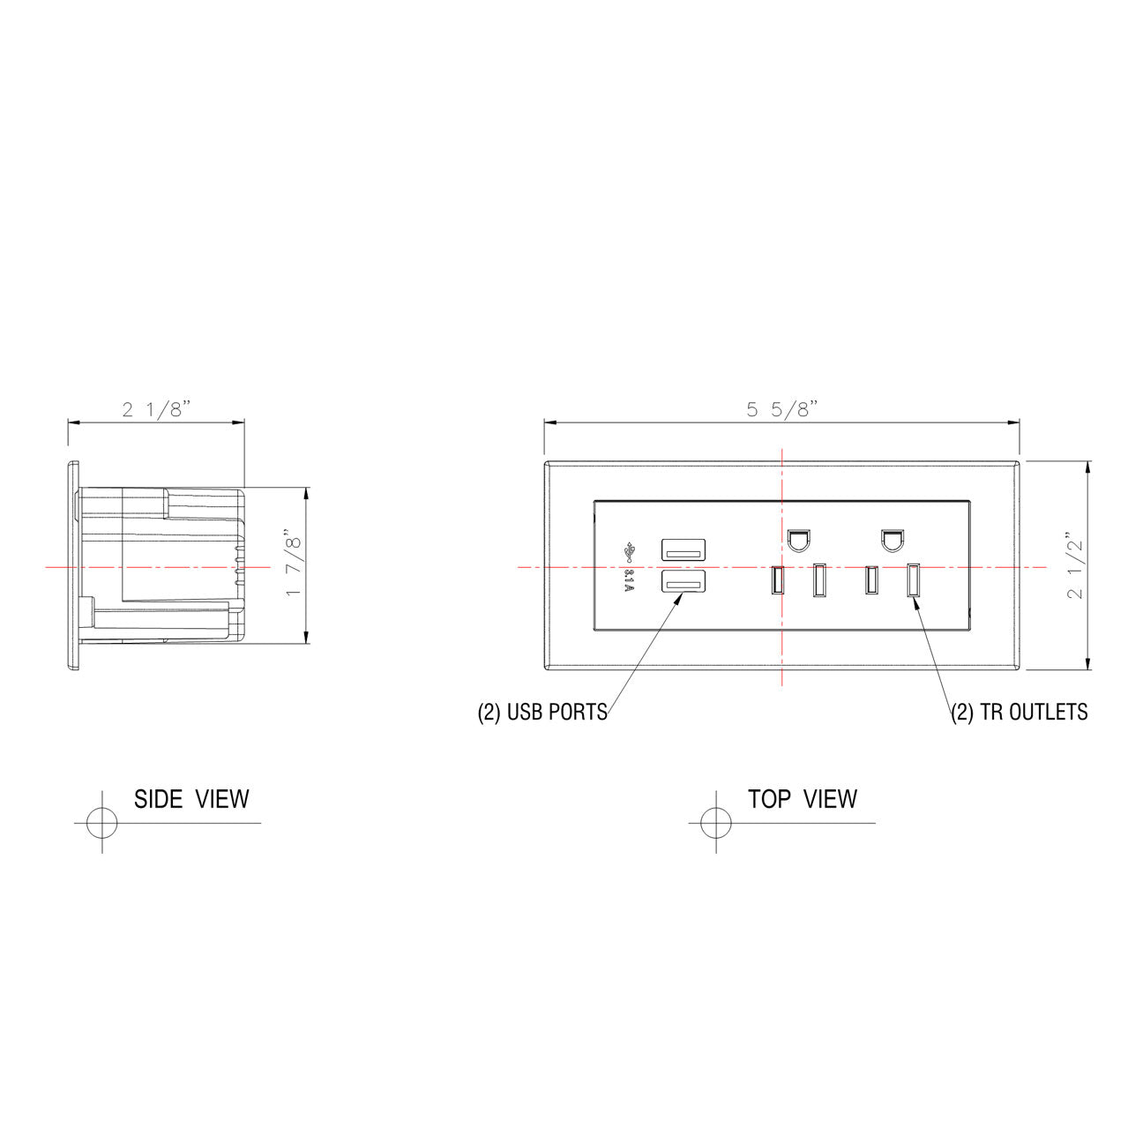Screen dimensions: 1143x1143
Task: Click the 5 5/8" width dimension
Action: pos(782,409)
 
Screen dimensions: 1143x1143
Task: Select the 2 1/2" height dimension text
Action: pos(1075,565)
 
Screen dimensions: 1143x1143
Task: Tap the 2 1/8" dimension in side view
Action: pos(156,409)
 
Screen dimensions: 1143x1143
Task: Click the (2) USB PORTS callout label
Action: pos(542,713)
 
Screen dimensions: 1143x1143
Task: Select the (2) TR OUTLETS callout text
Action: pos(1019,713)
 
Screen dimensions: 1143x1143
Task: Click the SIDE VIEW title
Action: pos(191,799)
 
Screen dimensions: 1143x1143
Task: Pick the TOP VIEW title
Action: pos(802,799)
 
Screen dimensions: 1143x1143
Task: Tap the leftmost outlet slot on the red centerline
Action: pos(776,579)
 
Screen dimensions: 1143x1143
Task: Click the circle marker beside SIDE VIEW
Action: pos(101,823)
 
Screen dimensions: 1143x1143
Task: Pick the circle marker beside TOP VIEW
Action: pos(715,823)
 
